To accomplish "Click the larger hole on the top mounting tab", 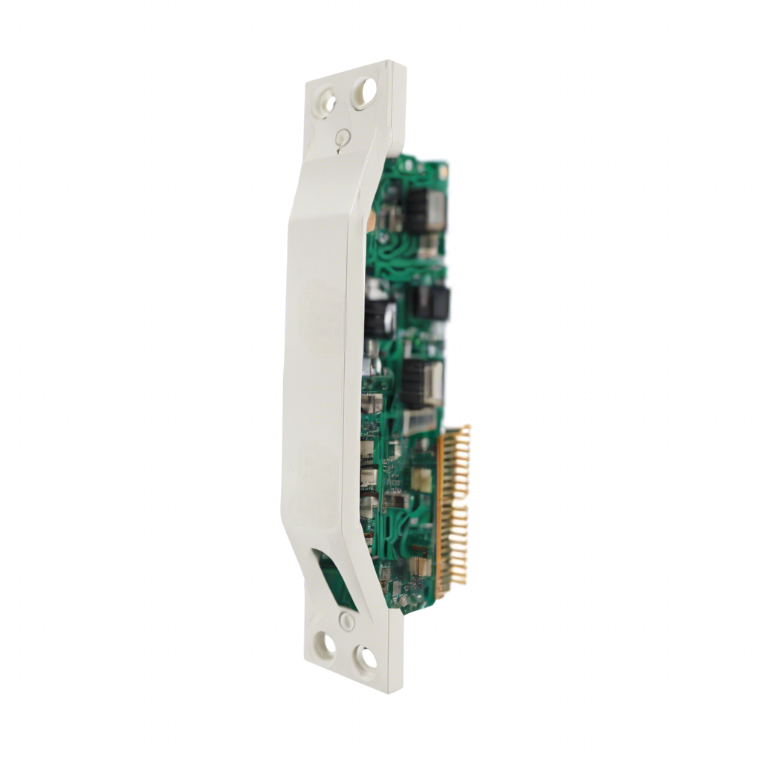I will coord(364,93).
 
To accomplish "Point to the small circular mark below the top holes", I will coord(342,137).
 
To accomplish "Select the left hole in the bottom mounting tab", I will coord(326,644).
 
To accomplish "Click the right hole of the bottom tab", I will coord(366,657).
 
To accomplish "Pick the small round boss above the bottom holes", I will coord(346,621).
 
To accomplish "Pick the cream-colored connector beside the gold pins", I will coord(421,479).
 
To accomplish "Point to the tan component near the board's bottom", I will coord(421,569).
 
